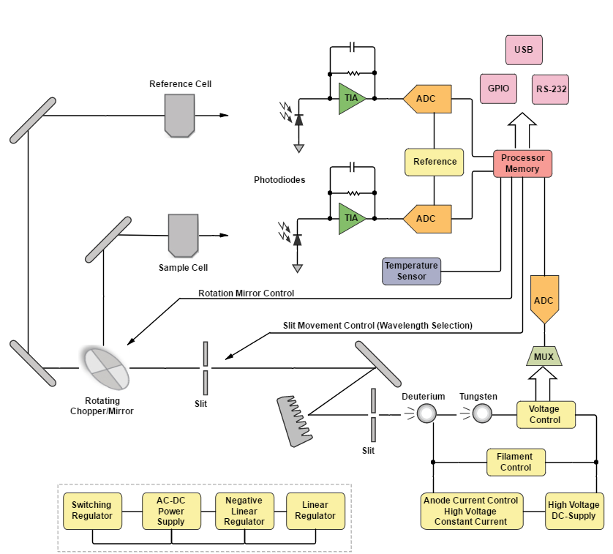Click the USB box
524,50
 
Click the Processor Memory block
522,164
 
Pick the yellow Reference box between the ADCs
435,162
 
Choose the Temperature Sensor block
412,271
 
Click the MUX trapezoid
544,356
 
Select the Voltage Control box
545,414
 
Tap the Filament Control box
516,462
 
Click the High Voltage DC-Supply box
573,510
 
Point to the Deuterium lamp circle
426,414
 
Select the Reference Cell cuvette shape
180,116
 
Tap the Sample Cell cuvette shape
183,235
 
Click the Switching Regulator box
92,510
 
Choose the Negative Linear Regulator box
244,510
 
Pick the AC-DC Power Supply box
171,510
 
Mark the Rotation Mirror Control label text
246,293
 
